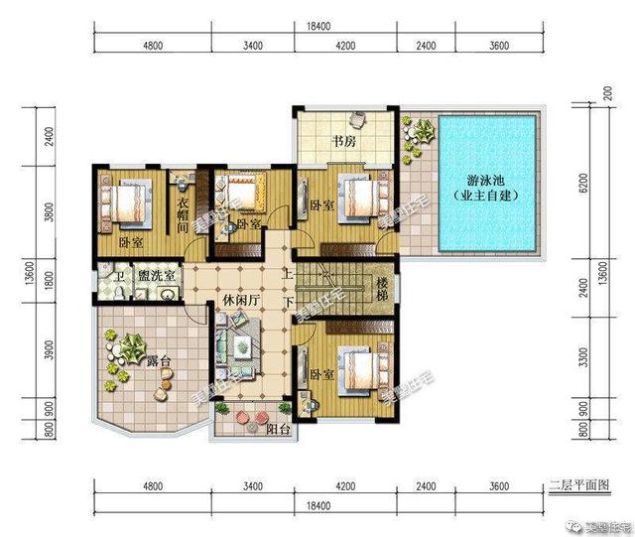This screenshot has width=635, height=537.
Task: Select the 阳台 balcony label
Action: click(279, 429)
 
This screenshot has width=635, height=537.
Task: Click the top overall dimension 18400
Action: click(317, 26)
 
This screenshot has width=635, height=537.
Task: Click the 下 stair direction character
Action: click(287, 302)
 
